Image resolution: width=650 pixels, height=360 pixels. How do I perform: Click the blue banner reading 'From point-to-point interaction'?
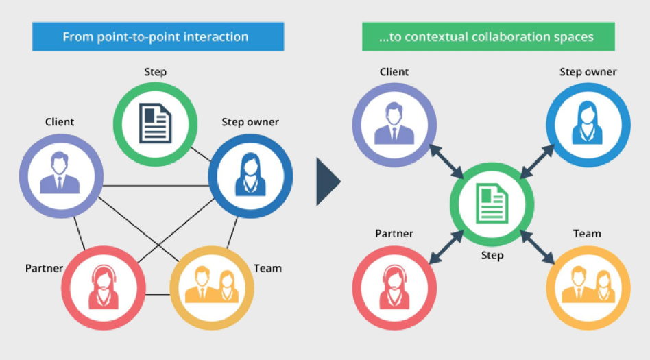coord(158,36)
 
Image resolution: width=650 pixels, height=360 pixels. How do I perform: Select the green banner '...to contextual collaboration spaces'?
coord(488,36)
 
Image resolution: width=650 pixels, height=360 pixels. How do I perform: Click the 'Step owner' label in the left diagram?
coord(250,122)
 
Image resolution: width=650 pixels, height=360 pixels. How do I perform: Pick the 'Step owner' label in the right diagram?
coord(588,72)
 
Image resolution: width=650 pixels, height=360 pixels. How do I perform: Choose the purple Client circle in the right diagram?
coord(394,126)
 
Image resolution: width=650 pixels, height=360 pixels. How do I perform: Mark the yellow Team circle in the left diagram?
coord(211,284)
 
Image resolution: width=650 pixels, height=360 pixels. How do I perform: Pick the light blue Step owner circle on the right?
coord(588,126)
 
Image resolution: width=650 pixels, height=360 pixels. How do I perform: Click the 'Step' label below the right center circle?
coord(492,256)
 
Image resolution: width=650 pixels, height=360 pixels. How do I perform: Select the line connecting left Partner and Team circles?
coord(157,295)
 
